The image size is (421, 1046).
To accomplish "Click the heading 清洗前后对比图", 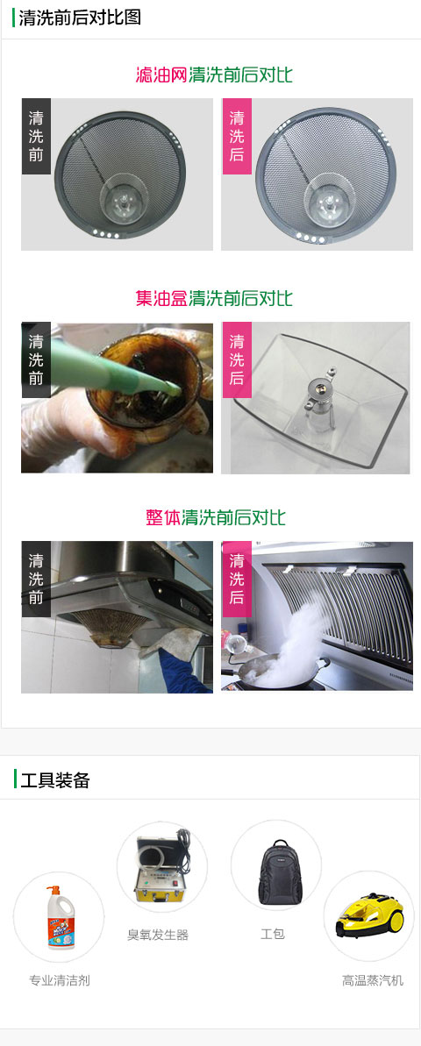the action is click(x=80, y=18).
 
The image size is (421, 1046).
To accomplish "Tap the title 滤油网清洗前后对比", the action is click(x=213, y=74).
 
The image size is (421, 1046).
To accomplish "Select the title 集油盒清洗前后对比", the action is click(x=213, y=297).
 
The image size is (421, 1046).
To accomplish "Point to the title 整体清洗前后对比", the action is click(x=216, y=517).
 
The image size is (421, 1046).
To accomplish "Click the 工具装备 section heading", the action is click(x=55, y=779).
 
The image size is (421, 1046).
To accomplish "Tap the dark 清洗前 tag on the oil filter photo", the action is click(x=36, y=137).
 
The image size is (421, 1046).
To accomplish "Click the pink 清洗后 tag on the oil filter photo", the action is click(x=237, y=137).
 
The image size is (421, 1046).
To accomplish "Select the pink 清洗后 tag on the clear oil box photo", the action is click(x=237, y=360).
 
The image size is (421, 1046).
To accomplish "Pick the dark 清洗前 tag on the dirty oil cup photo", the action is click(x=36, y=360).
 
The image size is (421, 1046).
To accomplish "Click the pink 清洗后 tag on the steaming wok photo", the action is click(x=237, y=579).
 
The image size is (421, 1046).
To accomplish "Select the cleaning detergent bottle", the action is click(x=59, y=915).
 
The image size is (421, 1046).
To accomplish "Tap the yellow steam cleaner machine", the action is click(x=369, y=916).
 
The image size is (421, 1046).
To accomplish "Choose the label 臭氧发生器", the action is click(x=158, y=935).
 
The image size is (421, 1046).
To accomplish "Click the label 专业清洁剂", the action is click(x=60, y=980).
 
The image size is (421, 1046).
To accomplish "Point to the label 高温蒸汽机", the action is click(x=373, y=980).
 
